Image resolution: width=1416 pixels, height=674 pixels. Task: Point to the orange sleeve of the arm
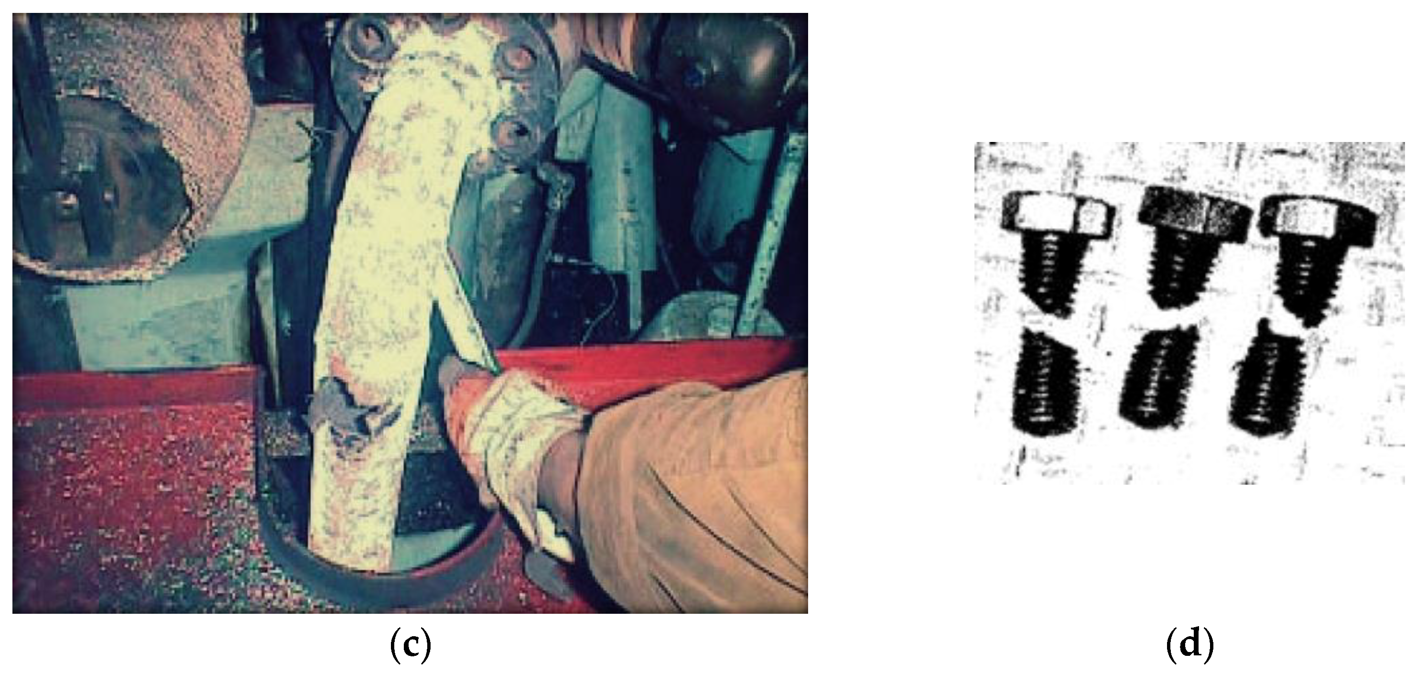[687, 484]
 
